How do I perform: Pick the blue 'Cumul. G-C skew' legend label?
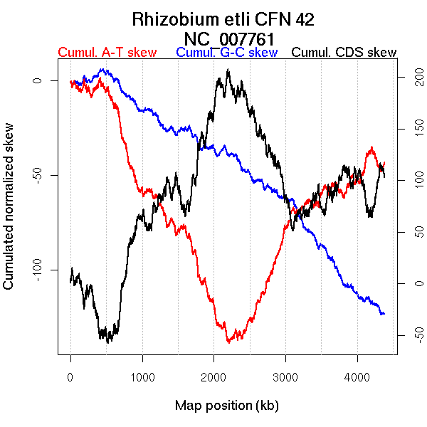pos(226,53)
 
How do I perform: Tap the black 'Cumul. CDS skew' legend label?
pos(344,53)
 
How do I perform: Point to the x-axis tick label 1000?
pos(142,377)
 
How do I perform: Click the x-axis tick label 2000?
pos(214,377)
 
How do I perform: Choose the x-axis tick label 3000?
pos(286,377)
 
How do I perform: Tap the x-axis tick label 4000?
pos(357,377)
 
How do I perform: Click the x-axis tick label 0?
pos(70,377)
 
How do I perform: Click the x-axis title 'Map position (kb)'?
pos(226,406)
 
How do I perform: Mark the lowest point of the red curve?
pos(228,342)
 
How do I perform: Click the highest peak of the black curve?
pos(228,70)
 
